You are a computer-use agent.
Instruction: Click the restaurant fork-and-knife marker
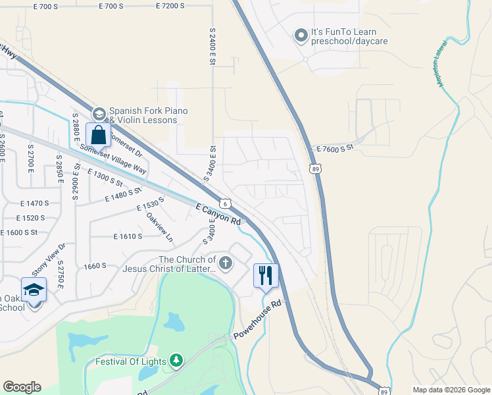(x=266, y=275)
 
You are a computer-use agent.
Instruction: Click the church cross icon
(x=226, y=264)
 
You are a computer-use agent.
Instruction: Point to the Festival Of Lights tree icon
(x=176, y=360)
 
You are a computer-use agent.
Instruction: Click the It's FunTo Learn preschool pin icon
(x=301, y=35)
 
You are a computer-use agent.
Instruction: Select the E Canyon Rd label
(x=219, y=215)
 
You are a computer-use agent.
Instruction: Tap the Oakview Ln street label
(x=159, y=226)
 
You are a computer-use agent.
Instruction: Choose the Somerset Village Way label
(x=112, y=159)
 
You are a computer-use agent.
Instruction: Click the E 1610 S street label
(x=128, y=236)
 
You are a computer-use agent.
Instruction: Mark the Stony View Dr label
(x=49, y=259)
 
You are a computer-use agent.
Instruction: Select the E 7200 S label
(x=175, y=6)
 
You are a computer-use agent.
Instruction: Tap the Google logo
(x=22, y=387)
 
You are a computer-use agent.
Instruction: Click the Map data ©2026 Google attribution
(x=451, y=390)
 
